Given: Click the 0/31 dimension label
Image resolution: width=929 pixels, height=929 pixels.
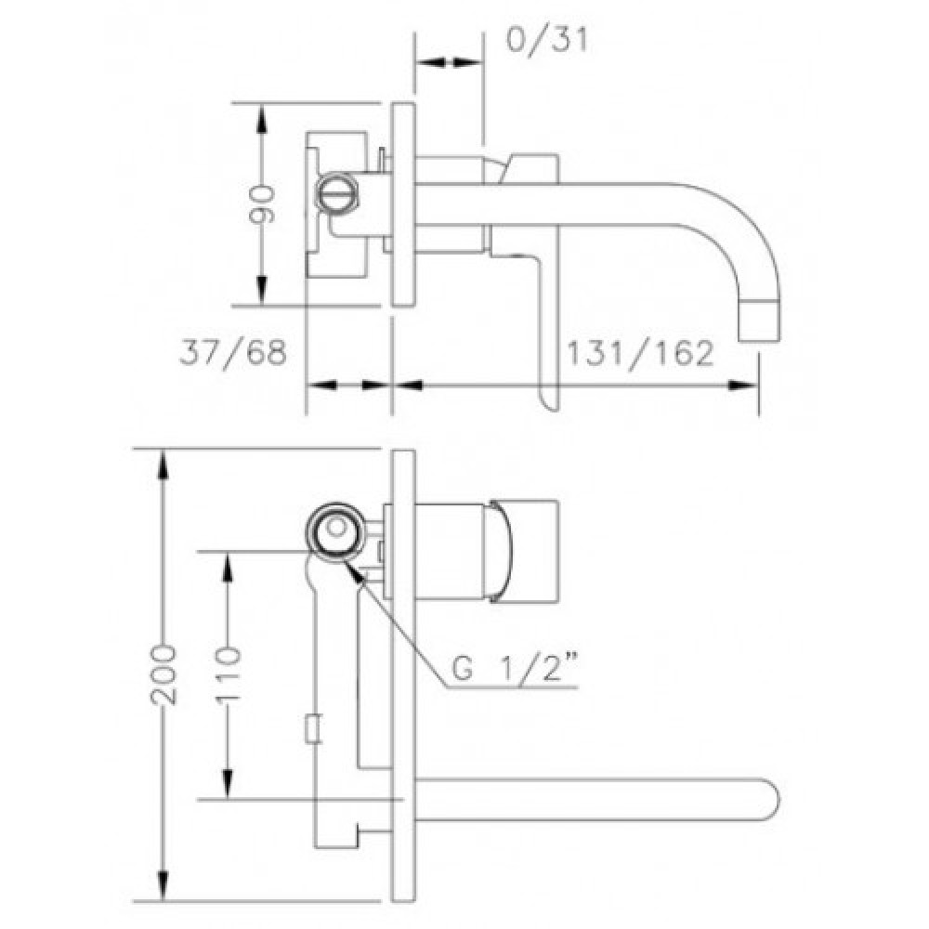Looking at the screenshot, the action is tap(548, 40).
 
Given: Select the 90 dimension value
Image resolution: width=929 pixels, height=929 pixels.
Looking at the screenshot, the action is tap(261, 204).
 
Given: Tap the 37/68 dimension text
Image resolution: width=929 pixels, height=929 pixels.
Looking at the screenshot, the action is tap(233, 352).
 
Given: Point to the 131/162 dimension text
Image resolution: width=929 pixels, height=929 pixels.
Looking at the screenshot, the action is tap(640, 353).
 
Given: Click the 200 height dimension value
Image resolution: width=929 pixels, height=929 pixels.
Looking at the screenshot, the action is tap(164, 674).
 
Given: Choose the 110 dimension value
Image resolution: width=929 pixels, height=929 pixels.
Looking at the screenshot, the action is tap(229, 674).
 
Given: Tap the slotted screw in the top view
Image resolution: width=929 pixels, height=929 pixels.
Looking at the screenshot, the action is tap(337, 191).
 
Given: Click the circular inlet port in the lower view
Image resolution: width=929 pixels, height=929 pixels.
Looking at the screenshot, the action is tap(336, 528).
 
